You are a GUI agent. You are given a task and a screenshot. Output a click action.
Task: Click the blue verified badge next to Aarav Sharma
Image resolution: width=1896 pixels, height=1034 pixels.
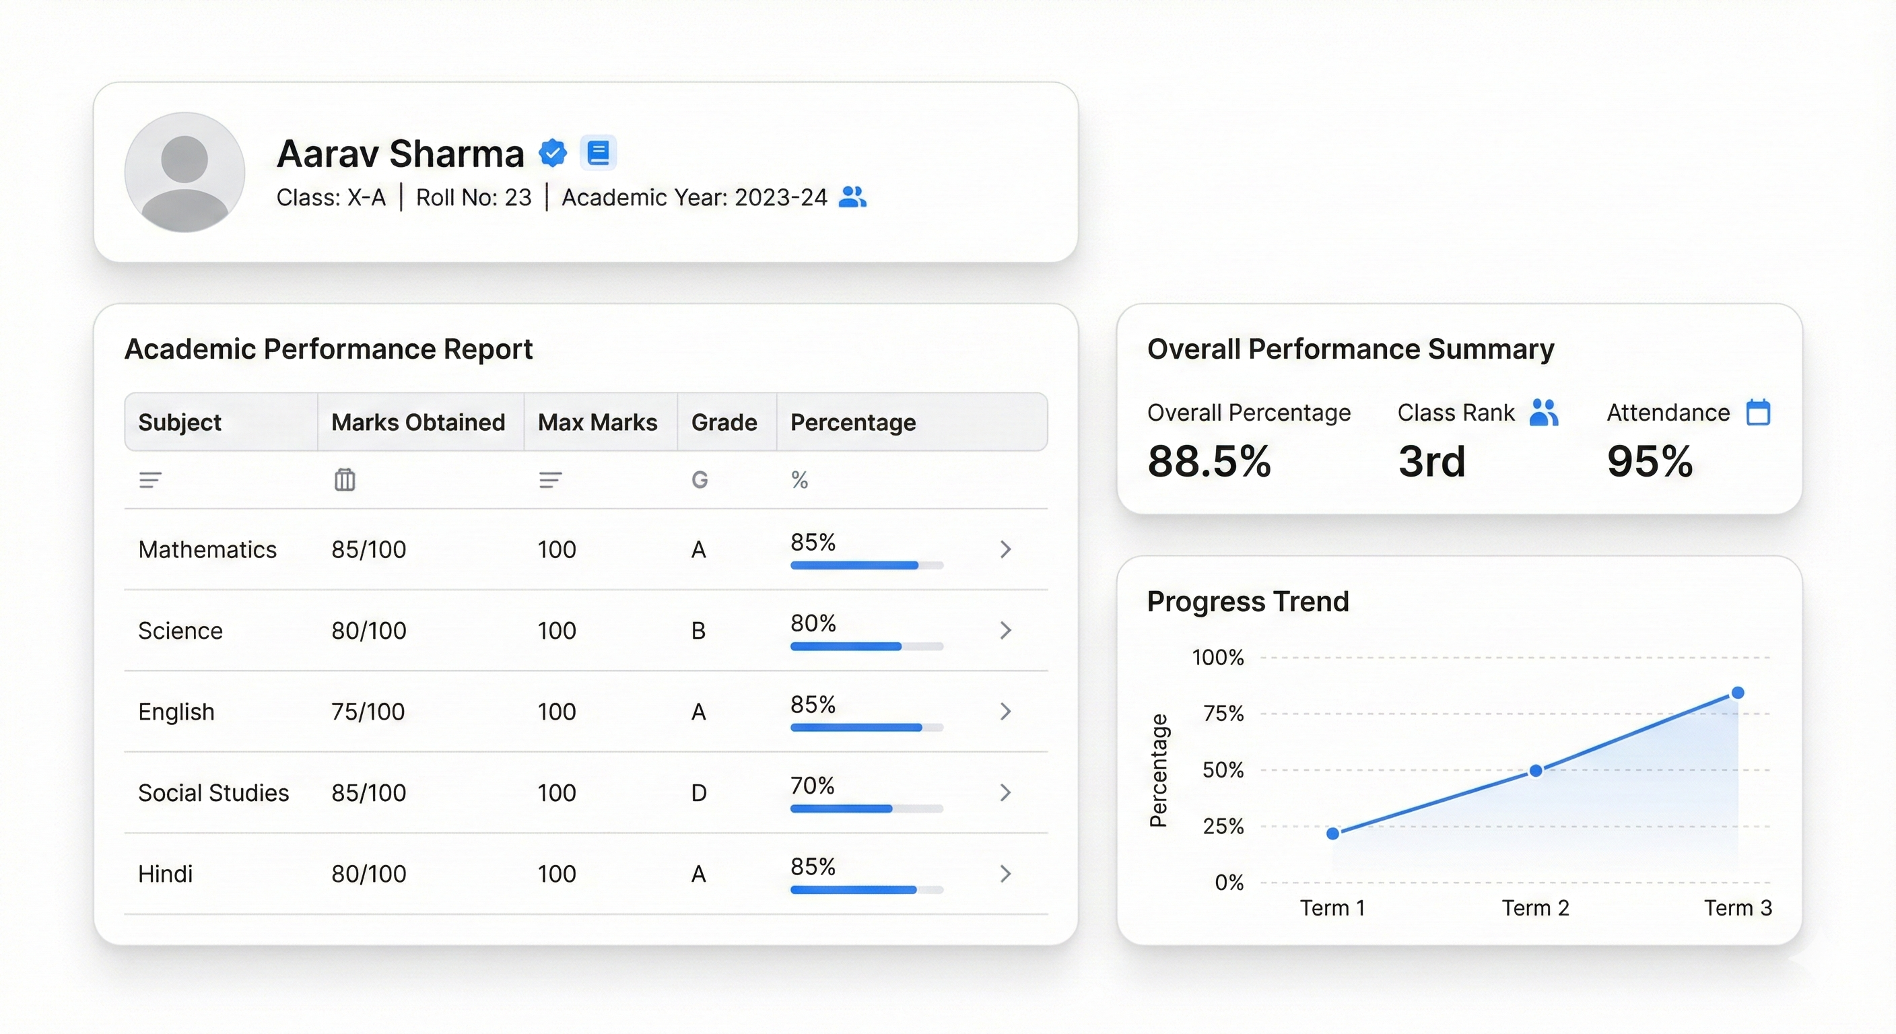[553, 153]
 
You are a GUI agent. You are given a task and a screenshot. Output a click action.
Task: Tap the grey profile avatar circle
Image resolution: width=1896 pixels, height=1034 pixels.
[184, 172]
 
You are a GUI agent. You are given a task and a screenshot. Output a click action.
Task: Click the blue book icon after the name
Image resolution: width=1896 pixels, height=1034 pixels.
[599, 153]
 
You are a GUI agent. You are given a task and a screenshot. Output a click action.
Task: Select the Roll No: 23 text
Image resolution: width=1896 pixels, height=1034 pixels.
[473, 197]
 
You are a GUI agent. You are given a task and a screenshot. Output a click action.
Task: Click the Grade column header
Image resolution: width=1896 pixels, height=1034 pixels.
[724, 423]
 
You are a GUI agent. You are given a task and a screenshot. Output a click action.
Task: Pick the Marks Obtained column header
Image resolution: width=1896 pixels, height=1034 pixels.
[418, 423]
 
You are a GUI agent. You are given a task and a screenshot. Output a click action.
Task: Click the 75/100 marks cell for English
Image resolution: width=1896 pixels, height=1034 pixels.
[368, 712]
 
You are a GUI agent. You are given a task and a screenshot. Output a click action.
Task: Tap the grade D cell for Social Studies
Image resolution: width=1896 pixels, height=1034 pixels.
[698, 792]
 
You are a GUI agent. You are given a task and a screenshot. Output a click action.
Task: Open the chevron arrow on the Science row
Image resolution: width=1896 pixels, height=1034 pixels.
[1005, 630]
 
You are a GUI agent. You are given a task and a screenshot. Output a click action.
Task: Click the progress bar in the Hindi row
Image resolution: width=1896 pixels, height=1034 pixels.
[867, 890]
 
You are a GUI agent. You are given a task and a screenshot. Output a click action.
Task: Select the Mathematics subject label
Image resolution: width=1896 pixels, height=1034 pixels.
[207, 550]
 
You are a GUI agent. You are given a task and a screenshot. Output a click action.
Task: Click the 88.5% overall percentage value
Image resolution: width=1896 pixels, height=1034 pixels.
[1209, 461]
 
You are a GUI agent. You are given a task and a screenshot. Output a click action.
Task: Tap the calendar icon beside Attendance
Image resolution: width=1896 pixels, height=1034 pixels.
[1759, 412]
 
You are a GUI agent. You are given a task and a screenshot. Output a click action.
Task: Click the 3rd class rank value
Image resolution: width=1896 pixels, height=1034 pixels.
[1431, 461]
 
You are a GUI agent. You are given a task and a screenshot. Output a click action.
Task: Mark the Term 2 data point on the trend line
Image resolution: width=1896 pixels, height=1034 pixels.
[1535, 771]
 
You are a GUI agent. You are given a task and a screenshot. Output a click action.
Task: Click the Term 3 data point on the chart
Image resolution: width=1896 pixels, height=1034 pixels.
[1738, 693]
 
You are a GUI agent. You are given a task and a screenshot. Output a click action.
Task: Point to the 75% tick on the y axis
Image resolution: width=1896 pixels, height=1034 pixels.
[1223, 713]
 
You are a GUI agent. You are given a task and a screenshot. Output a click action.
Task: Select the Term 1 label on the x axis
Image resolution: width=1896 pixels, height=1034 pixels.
[1332, 907]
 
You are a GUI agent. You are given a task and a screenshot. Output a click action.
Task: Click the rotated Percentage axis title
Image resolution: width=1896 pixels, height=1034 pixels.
[1159, 770]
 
